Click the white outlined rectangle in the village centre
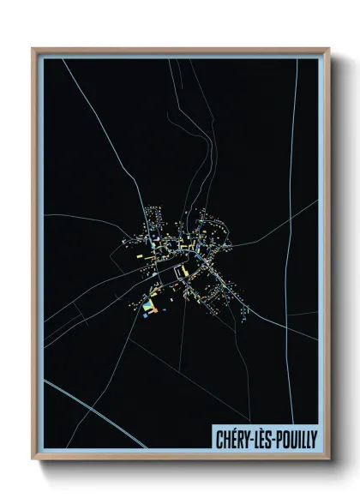[x=180, y=272]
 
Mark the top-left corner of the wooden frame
[x=33, y=50]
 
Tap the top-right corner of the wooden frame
[x=328, y=50]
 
